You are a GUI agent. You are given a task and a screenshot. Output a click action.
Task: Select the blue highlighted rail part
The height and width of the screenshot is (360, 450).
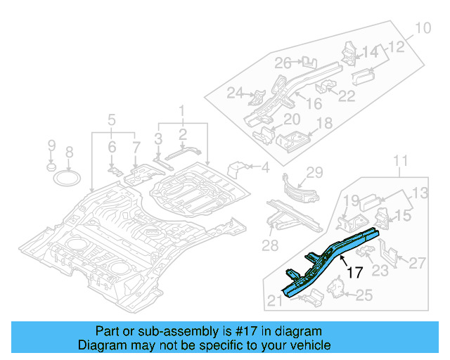330,256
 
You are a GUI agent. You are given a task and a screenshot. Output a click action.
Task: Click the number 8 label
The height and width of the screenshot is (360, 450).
69,152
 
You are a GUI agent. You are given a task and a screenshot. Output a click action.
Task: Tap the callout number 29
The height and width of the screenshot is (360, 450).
314,172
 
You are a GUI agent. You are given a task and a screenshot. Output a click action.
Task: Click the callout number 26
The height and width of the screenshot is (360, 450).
283,63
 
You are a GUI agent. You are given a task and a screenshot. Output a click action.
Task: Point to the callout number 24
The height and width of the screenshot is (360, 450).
235,92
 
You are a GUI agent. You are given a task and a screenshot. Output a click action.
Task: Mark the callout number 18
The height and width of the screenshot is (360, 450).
323,124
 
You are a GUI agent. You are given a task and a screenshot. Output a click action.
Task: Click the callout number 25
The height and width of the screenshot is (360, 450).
364,295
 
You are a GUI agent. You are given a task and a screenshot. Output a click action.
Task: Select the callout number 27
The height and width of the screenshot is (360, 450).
417,264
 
